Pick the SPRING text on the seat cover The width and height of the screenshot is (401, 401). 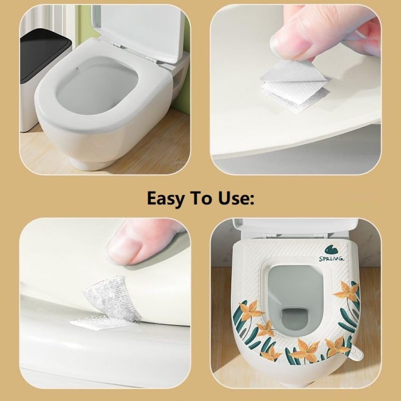(x=332, y=259)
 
